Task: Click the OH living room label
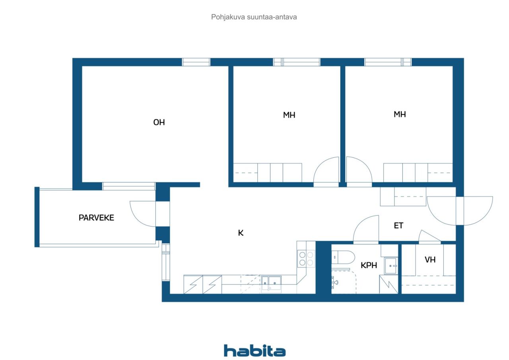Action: pyautogui.click(x=159, y=122)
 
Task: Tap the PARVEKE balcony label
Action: pyautogui.click(x=96, y=218)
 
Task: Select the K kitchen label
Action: pyautogui.click(x=241, y=233)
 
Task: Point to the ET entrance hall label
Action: pyautogui.click(x=398, y=226)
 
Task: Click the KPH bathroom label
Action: pyautogui.click(x=369, y=265)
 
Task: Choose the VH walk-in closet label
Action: pyautogui.click(x=430, y=260)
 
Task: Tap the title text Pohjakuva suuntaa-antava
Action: pyautogui.click(x=254, y=17)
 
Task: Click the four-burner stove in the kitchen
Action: pyautogui.click(x=306, y=259)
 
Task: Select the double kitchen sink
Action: pyautogui.click(x=271, y=283)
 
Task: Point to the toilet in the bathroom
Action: pyautogui.click(x=343, y=257)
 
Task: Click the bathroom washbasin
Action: pyautogui.click(x=391, y=266)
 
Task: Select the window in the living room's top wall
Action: pyautogui.click(x=196, y=62)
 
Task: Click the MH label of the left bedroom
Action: pyautogui.click(x=289, y=115)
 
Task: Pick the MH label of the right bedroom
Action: pyautogui.click(x=400, y=114)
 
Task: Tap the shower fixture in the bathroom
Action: pyautogui.click(x=335, y=282)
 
